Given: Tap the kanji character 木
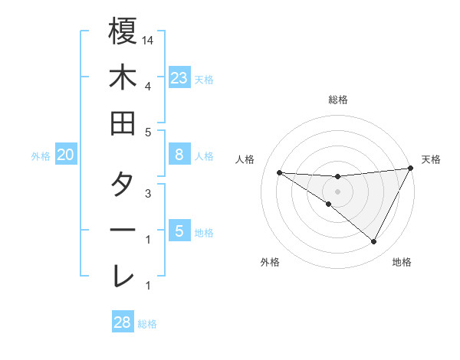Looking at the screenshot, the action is point(123,77).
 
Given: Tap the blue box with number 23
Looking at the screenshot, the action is point(179,78).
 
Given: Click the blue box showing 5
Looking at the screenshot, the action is point(179,231).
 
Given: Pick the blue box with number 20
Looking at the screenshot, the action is point(66,155).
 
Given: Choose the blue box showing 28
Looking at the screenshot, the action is point(123,322).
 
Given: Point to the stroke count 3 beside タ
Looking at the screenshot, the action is point(148,194).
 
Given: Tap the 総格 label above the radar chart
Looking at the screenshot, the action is point(337,100).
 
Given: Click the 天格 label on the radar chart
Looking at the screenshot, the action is point(431,159).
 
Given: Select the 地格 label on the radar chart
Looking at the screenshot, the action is point(402,262).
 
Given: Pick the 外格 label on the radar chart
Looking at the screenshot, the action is point(270,262).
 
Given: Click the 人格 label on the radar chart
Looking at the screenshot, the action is point(245,159).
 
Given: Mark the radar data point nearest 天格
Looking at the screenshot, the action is point(411,169).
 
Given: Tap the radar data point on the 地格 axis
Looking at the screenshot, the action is point(374,242).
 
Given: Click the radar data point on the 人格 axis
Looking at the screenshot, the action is point(279,172).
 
